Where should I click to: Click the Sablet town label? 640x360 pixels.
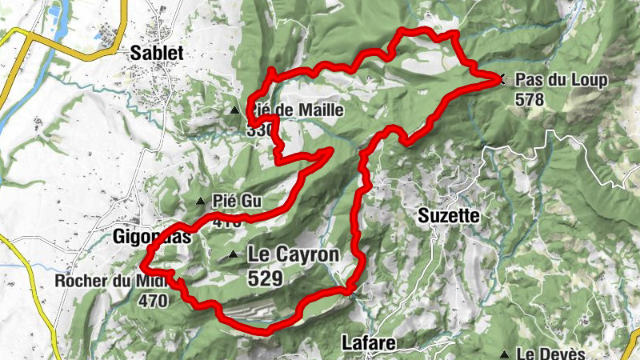[157, 54]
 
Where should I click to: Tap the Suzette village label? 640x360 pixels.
[449, 215]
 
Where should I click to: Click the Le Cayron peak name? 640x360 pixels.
[294, 254]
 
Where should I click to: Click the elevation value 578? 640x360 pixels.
[530, 99]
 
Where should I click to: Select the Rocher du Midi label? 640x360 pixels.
[110, 282]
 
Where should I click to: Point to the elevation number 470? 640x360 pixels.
[152, 301]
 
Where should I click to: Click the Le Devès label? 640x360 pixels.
[551, 354]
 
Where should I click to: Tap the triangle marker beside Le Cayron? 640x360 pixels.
[233, 255]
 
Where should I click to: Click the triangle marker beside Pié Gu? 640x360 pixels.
[200, 201]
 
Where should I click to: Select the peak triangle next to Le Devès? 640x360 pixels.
[505, 354]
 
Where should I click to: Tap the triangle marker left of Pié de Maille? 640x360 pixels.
[234, 110]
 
